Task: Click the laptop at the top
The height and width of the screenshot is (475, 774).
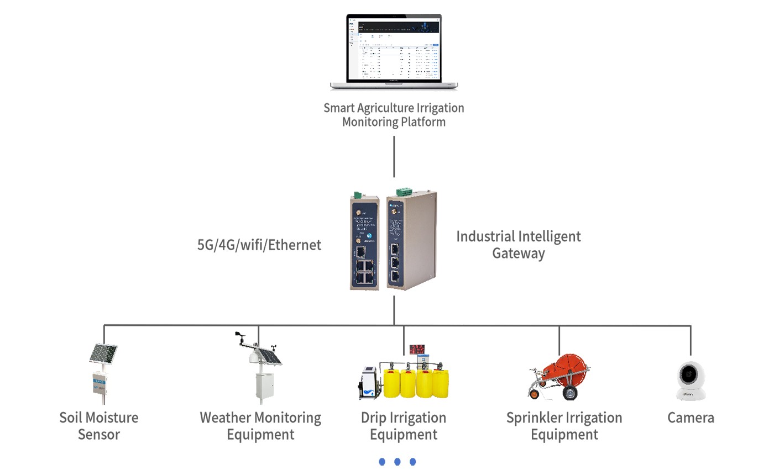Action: pos(394,51)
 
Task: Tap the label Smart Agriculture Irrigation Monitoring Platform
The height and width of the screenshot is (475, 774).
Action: pos(394,115)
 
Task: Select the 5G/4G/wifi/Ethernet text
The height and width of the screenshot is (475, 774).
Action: pos(259,245)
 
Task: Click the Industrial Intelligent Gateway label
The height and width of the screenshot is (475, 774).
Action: pos(518,245)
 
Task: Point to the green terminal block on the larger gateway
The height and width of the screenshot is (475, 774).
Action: pos(403,191)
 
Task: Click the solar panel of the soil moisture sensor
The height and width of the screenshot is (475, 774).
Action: pos(103,353)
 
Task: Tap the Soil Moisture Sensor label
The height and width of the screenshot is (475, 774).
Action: pos(99,426)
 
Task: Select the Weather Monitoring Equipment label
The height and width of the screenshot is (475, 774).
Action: pos(260,426)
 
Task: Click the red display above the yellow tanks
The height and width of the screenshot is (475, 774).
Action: pos(417,350)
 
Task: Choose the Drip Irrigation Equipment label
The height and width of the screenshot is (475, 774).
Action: pos(404,426)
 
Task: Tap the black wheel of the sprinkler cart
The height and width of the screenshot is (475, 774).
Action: pos(569,393)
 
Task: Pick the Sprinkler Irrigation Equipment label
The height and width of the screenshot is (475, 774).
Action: pos(564,426)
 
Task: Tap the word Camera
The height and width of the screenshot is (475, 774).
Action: pos(691,418)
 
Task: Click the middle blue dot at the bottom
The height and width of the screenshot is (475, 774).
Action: pos(397,462)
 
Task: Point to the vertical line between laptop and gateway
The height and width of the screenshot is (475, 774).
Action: pos(394,157)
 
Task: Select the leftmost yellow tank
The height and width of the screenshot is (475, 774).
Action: pos(392,383)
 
